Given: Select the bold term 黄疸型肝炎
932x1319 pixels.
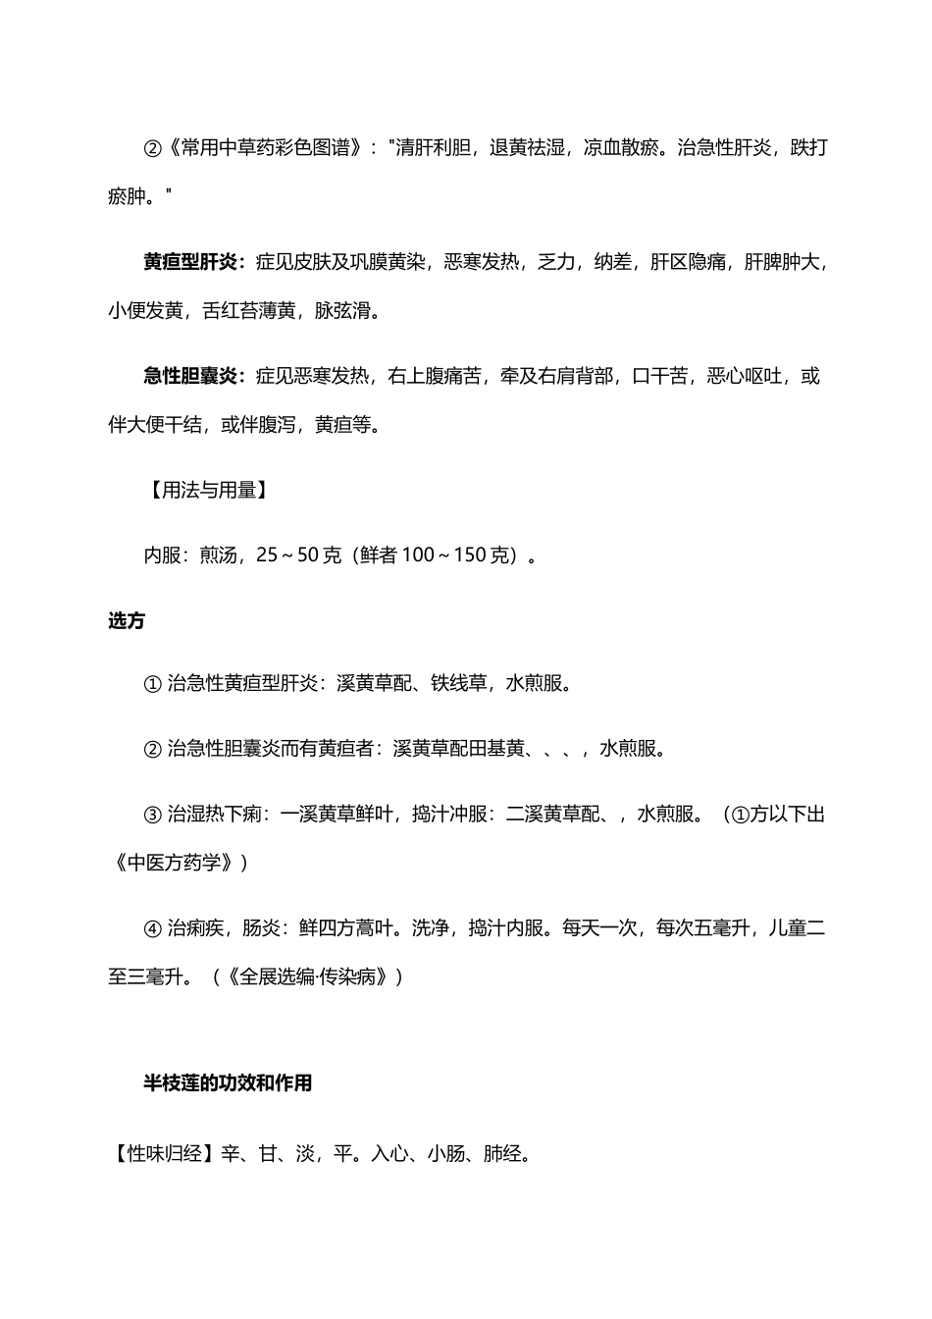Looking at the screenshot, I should [189, 262].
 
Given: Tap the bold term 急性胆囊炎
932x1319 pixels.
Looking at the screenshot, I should [189, 376].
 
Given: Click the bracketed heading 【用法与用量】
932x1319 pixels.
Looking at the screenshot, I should [205, 491].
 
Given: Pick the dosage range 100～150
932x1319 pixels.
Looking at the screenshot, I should [456, 555].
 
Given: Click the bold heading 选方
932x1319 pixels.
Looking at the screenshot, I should [127, 620].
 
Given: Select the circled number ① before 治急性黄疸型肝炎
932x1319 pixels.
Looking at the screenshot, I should [152, 684].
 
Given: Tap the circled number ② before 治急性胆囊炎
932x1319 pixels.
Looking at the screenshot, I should [152, 749].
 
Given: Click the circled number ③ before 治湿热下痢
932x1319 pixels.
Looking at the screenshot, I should [152, 815].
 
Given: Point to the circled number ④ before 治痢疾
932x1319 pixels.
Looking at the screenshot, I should [152, 928].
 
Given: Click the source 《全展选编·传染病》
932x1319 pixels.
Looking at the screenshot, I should [314, 977].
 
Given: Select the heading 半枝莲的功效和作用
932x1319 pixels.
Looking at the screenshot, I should [228, 1083].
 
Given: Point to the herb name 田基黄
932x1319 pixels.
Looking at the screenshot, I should [495, 749].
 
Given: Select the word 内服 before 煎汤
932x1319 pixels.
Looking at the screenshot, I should [162, 555].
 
